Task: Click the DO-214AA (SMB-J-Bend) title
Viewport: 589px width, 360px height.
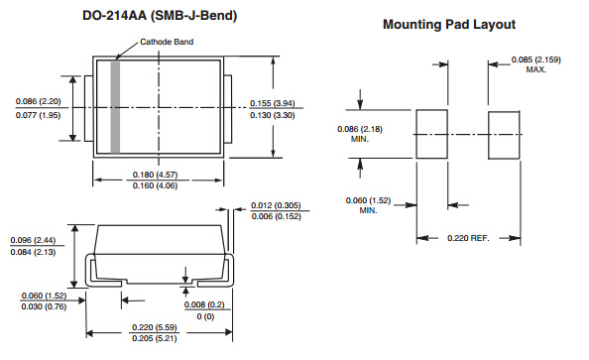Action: click(x=160, y=16)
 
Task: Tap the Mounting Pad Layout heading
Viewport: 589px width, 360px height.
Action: click(x=449, y=25)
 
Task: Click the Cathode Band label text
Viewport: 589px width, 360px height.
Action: click(x=167, y=42)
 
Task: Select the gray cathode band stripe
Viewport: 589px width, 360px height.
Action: click(x=115, y=107)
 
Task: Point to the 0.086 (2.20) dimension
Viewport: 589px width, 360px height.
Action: click(x=39, y=101)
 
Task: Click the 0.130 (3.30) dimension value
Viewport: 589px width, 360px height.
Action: click(x=273, y=115)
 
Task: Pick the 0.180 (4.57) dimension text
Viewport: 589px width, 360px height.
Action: click(x=155, y=175)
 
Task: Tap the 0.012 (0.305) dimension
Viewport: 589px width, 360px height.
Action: click(x=276, y=205)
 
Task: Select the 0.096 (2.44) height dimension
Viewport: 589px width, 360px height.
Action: click(x=33, y=240)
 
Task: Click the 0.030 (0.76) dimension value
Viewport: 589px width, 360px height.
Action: click(x=44, y=306)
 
